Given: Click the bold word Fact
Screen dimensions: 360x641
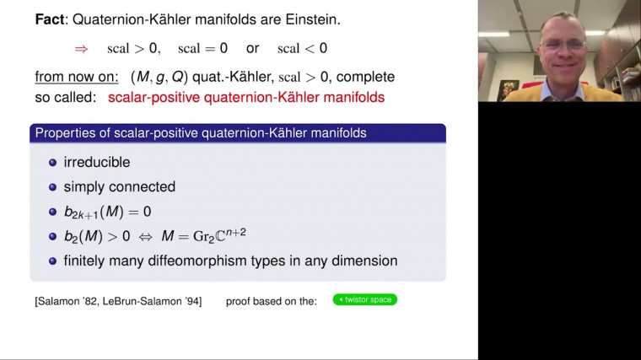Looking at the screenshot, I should [51, 19].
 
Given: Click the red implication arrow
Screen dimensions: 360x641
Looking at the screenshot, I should [81, 48].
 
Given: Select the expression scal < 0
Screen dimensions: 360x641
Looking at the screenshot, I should [302, 48].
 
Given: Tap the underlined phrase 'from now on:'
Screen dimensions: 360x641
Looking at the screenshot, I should [77, 77].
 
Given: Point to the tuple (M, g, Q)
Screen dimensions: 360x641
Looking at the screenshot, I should [163, 77].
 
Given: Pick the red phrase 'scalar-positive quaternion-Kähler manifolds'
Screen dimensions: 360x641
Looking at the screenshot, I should [246, 98].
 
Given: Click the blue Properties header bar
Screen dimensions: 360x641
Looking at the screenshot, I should [237, 133].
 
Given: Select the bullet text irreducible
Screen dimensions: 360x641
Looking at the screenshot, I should [97, 162].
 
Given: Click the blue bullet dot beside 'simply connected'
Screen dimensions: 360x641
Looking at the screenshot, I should [52, 187].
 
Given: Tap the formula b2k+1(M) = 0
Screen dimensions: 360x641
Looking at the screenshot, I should [107, 212].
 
